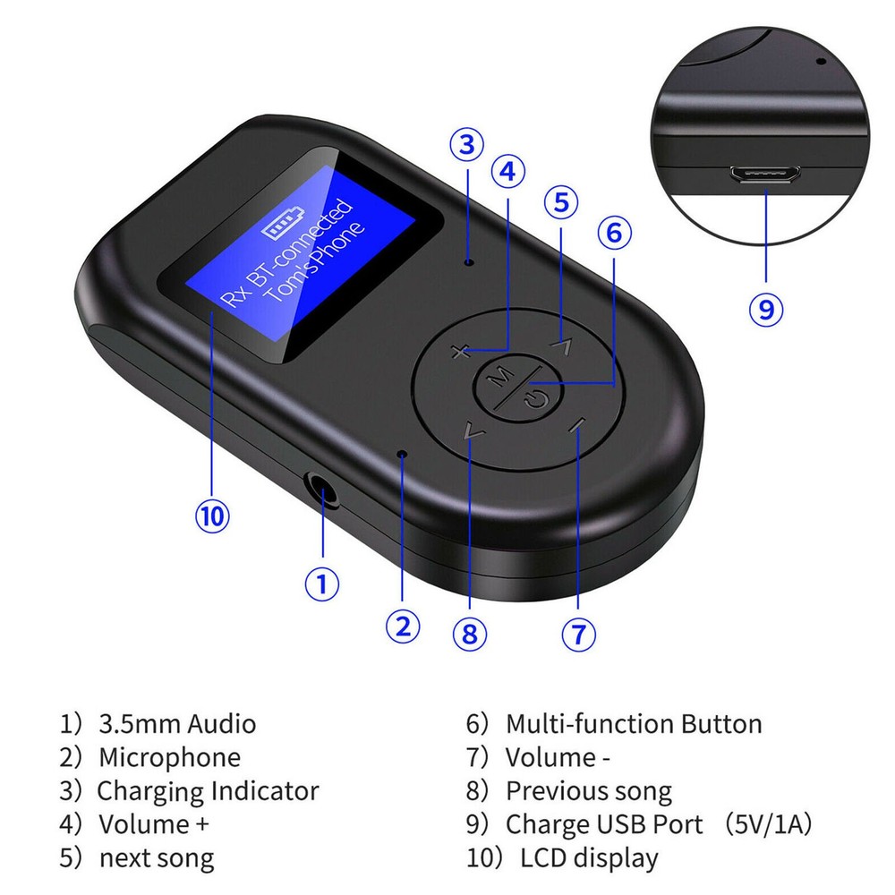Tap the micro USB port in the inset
pyautogui.click(x=766, y=175)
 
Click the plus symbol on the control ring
pyautogui.click(x=460, y=352)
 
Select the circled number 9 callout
pyautogui.click(x=766, y=310)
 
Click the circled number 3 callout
pyautogui.click(x=467, y=144)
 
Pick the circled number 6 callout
pyautogui.click(x=614, y=233)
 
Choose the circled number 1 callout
pyautogui.click(x=322, y=585)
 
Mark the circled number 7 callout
pyautogui.click(x=578, y=633)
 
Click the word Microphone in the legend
pyautogui.click(x=169, y=757)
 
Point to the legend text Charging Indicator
pyautogui.click(x=208, y=791)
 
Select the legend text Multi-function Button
pyautogui.click(x=634, y=724)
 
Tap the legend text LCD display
pyautogui.click(x=589, y=858)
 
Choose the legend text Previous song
pyautogui.click(x=588, y=791)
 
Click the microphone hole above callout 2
pyautogui.click(x=403, y=455)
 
